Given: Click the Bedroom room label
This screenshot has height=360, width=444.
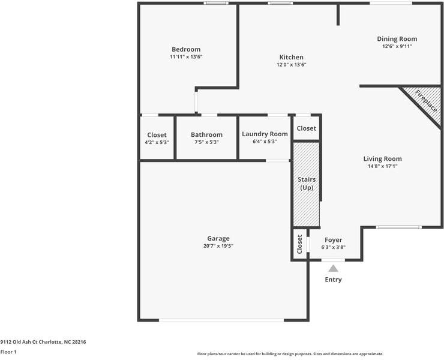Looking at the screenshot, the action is [186, 49].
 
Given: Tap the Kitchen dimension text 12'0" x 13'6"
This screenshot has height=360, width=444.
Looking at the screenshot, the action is [292, 65].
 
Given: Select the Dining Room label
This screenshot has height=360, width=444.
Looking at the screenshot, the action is [397, 39].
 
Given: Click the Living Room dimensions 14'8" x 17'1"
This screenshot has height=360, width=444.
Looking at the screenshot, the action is [383, 166].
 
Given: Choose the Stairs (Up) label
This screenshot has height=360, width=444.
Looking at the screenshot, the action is [307, 184].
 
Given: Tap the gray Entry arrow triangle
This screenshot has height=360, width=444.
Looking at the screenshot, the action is [333, 268].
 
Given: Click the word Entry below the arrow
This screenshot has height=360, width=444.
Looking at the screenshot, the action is [333, 280].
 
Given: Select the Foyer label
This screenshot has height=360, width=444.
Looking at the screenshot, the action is [333, 240].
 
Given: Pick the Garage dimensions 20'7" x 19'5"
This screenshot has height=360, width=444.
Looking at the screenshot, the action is [218, 246].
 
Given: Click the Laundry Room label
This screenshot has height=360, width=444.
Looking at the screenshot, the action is [265, 134].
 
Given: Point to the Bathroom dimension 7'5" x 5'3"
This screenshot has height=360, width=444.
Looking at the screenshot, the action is [207, 142].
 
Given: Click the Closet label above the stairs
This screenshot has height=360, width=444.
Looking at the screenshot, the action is [307, 128].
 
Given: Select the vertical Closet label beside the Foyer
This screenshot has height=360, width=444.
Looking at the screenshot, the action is [299, 244].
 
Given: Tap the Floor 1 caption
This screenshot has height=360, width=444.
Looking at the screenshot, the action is [8, 352].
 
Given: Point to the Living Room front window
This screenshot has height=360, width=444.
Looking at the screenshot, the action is [398, 227].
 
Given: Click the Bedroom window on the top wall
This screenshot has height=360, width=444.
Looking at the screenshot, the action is [216, 3].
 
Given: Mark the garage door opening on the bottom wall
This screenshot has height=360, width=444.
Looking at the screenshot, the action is [221, 320].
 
